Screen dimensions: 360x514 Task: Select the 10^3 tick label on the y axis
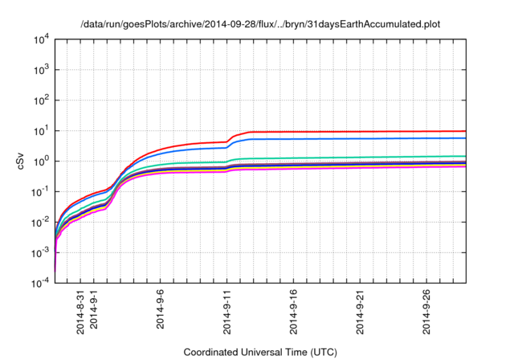point(41,70)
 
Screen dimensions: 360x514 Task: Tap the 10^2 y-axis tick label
point(41,100)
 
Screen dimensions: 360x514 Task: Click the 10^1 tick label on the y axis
point(41,131)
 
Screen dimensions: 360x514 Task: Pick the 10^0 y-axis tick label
point(41,162)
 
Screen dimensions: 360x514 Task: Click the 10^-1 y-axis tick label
point(41,191)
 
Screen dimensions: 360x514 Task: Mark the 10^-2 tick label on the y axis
point(41,222)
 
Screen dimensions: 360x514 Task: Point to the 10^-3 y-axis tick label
point(41,252)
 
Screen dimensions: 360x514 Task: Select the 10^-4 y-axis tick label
point(41,283)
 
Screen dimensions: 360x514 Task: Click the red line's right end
point(466,131)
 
